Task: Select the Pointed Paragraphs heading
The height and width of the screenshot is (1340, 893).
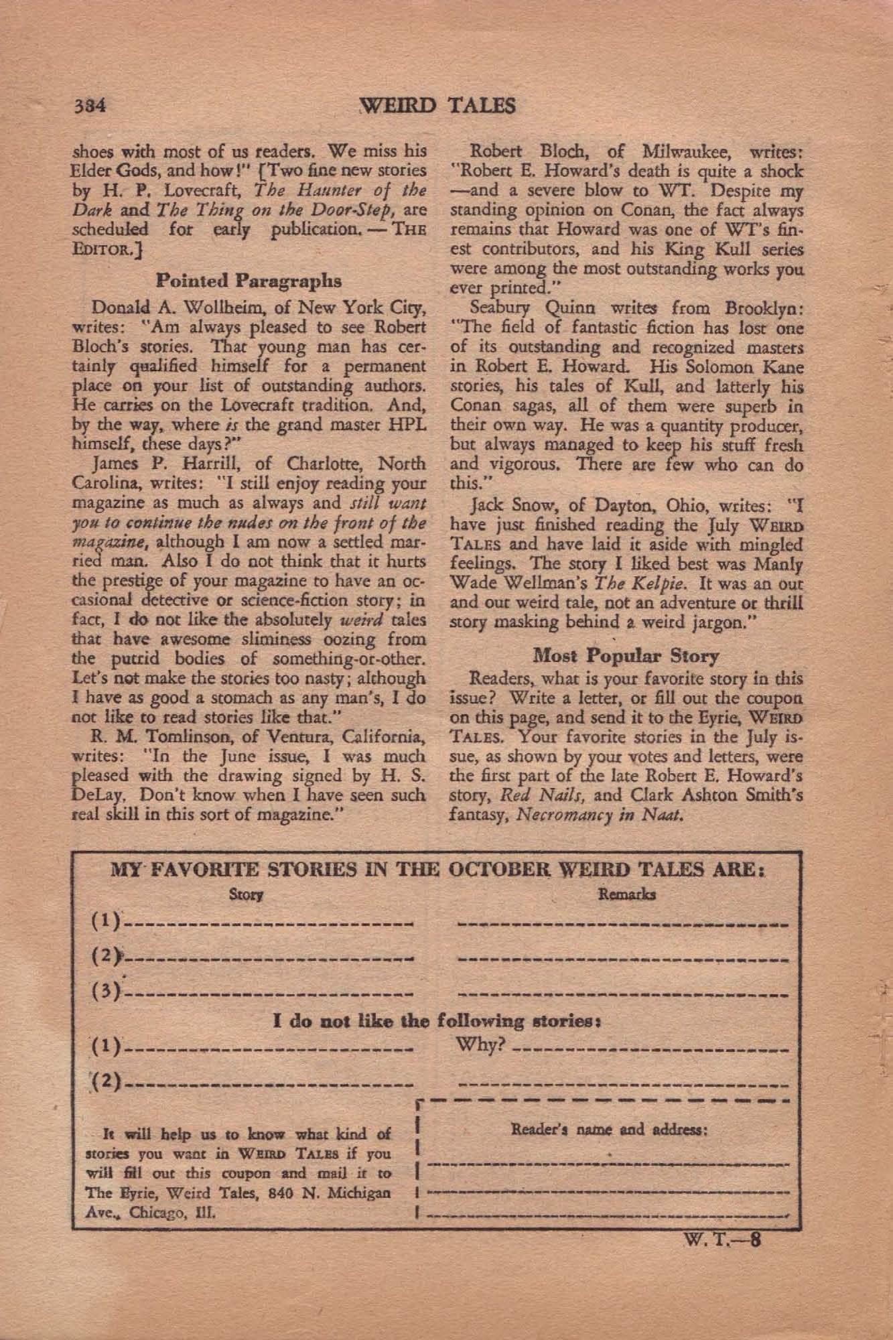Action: (249, 279)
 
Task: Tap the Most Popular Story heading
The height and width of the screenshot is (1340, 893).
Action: (626, 655)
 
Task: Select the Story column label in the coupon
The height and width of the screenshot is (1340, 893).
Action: (246, 894)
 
